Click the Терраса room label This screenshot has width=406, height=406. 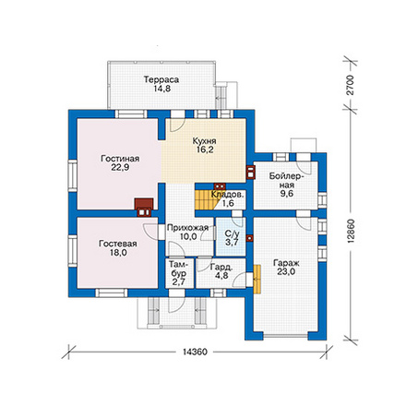[161, 79]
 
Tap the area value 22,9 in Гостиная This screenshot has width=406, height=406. [120, 168]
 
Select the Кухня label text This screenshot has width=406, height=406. [204, 141]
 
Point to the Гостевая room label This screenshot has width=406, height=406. [118, 244]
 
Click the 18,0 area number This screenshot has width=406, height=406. [118, 253]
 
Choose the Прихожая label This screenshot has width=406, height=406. [188, 228]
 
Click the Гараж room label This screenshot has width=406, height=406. [286, 263]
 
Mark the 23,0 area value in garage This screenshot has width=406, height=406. [286, 271]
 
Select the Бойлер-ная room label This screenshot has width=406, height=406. [286, 181]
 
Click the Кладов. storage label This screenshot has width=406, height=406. [228, 195]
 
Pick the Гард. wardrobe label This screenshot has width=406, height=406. [221, 267]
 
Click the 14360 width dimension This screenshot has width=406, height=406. [196, 352]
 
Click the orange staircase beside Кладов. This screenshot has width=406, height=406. [206, 200]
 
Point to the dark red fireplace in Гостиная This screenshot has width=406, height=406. [144, 208]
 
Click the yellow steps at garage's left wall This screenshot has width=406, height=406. [257, 279]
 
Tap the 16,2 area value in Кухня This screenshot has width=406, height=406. [205, 149]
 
